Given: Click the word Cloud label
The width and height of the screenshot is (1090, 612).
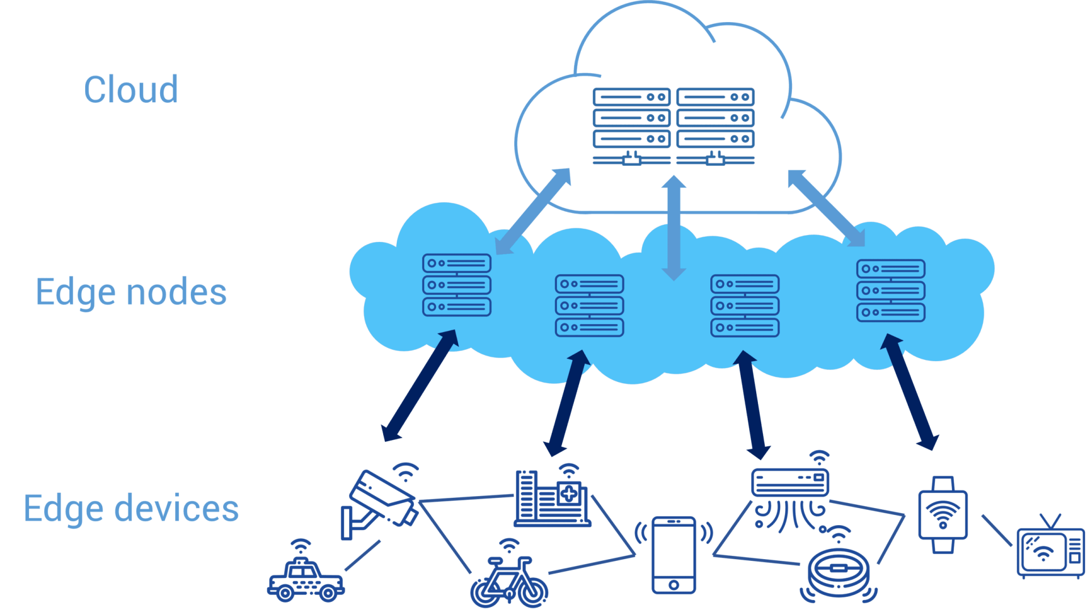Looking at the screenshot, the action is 131,90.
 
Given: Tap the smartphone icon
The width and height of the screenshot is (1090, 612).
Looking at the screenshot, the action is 674,555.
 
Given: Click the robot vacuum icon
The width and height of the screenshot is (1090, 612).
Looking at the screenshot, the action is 839,573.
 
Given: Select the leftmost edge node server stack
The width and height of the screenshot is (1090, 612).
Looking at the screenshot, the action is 456,285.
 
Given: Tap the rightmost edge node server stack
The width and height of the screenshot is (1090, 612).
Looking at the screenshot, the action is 891,291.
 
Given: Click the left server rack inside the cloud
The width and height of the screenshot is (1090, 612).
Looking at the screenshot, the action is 631,125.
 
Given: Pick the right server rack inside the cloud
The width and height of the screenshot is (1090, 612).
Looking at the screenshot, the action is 715,125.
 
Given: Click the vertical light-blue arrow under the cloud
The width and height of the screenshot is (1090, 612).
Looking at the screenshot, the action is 674,227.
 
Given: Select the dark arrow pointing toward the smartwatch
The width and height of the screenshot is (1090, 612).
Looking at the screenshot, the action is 910,392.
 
